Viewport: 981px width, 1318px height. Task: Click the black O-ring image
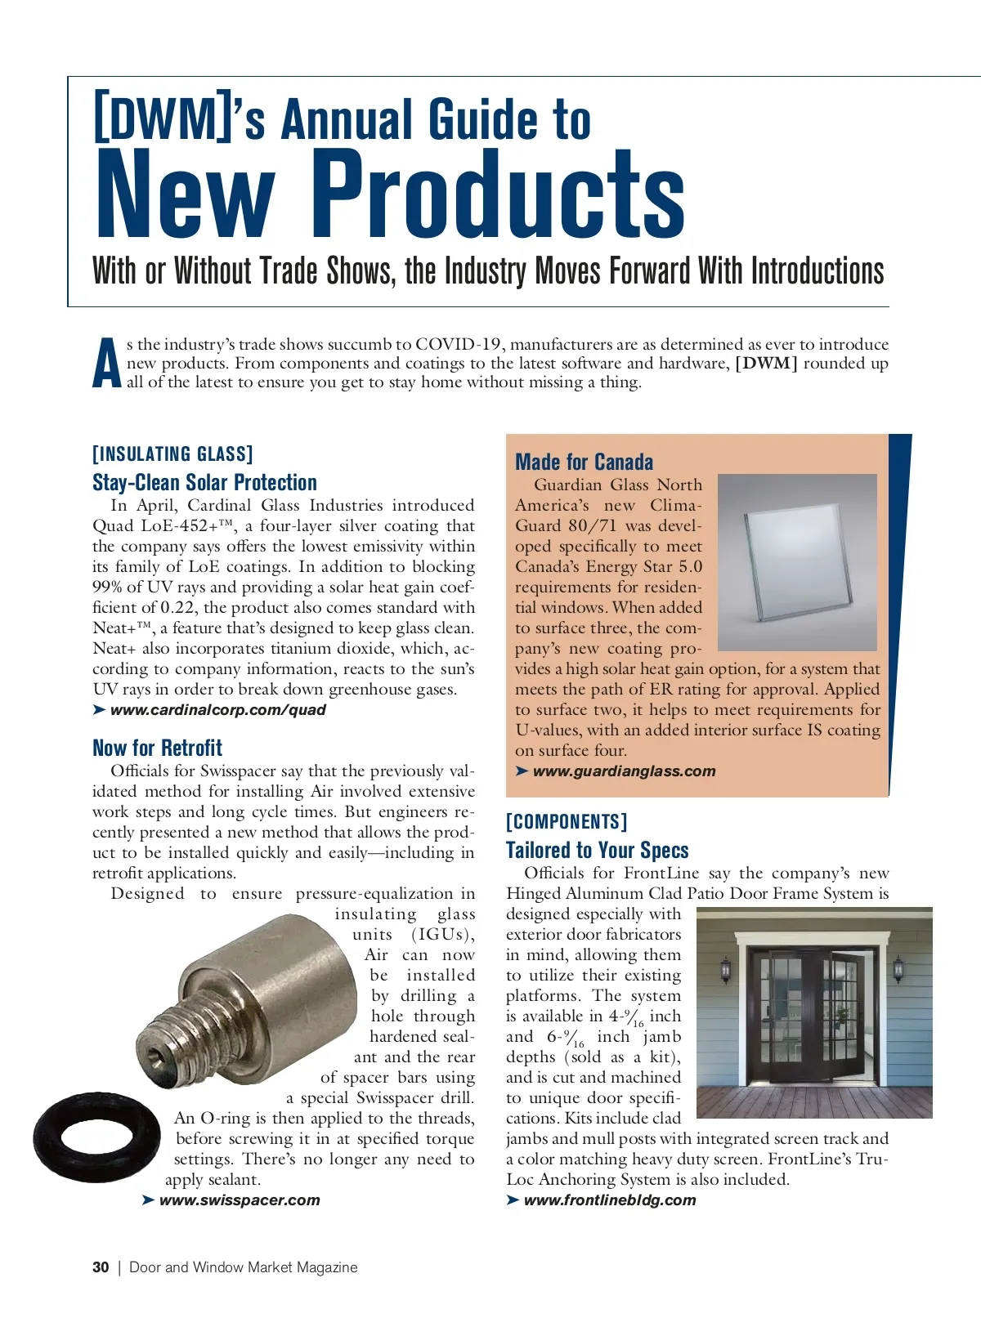point(96,1137)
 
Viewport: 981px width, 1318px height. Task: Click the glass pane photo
point(796,561)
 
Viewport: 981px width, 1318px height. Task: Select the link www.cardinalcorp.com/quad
point(217,710)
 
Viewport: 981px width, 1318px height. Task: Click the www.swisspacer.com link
point(240,1200)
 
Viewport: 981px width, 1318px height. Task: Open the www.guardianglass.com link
point(624,771)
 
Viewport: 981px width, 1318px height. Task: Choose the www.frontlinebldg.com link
point(610,1200)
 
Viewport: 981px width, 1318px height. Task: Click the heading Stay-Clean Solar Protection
point(204,482)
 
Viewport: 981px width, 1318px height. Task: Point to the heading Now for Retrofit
point(157,748)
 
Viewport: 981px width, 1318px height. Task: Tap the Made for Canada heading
point(584,462)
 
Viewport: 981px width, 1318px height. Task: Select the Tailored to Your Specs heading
point(597,850)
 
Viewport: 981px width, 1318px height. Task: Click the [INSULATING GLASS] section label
point(172,454)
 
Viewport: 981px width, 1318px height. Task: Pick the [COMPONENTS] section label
point(567,822)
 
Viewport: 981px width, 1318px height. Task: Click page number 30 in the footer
point(101,1267)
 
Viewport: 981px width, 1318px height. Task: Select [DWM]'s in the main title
point(179,118)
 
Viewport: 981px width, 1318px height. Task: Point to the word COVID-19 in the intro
point(460,344)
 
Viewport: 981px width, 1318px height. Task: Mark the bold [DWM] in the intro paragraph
point(766,364)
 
